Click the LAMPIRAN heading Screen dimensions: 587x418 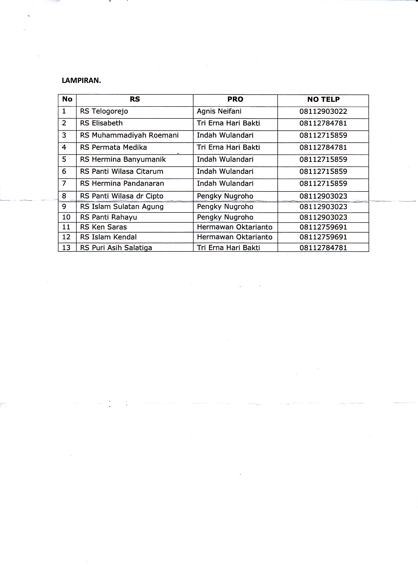click(x=81, y=81)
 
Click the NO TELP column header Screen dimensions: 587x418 click(x=323, y=99)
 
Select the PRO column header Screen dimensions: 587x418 click(x=235, y=99)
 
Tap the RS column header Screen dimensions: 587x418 click(x=135, y=99)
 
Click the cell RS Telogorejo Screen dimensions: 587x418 click(x=104, y=111)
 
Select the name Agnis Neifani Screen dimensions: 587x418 click(x=219, y=111)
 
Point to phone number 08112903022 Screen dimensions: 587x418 click(x=323, y=111)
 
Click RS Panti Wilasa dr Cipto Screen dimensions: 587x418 click(x=121, y=196)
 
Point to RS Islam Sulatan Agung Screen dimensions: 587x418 click(x=122, y=207)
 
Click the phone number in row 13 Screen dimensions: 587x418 click(x=323, y=247)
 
